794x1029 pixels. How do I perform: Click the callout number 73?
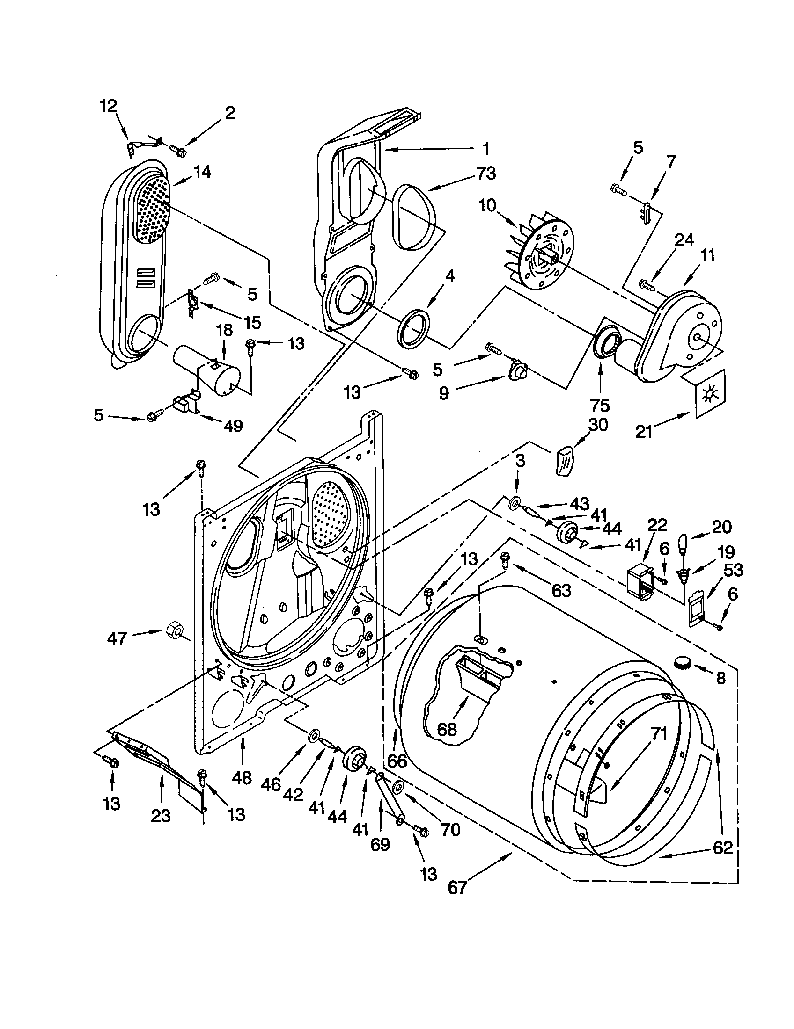(x=485, y=174)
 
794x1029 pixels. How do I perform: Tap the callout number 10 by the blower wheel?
(x=488, y=206)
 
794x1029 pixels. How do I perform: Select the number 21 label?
(x=644, y=432)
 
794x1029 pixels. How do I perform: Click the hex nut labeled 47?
(x=174, y=629)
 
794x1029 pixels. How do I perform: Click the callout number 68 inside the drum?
(x=447, y=729)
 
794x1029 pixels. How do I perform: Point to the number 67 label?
(x=457, y=887)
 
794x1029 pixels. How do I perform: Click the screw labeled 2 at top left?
(x=179, y=151)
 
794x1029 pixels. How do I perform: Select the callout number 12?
(x=108, y=107)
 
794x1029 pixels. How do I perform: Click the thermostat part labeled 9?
(x=519, y=372)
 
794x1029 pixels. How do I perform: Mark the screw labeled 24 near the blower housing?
(x=645, y=284)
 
